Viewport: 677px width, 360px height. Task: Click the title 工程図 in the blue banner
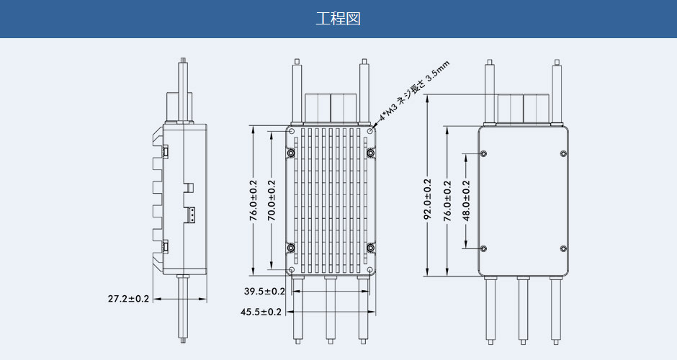tap(338, 19)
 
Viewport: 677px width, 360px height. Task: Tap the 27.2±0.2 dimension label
tap(128, 298)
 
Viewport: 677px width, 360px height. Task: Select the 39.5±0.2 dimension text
tap(264, 292)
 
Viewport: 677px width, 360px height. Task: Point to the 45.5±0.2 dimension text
tap(261, 312)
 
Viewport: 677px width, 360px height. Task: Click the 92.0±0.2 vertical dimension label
tap(427, 199)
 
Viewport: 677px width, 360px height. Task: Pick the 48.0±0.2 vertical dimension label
tap(466, 201)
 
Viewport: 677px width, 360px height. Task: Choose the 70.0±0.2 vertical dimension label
tap(272, 201)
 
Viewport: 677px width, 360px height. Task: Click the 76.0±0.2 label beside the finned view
tap(253, 201)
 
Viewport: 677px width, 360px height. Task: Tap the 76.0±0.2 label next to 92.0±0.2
tap(447, 201)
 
